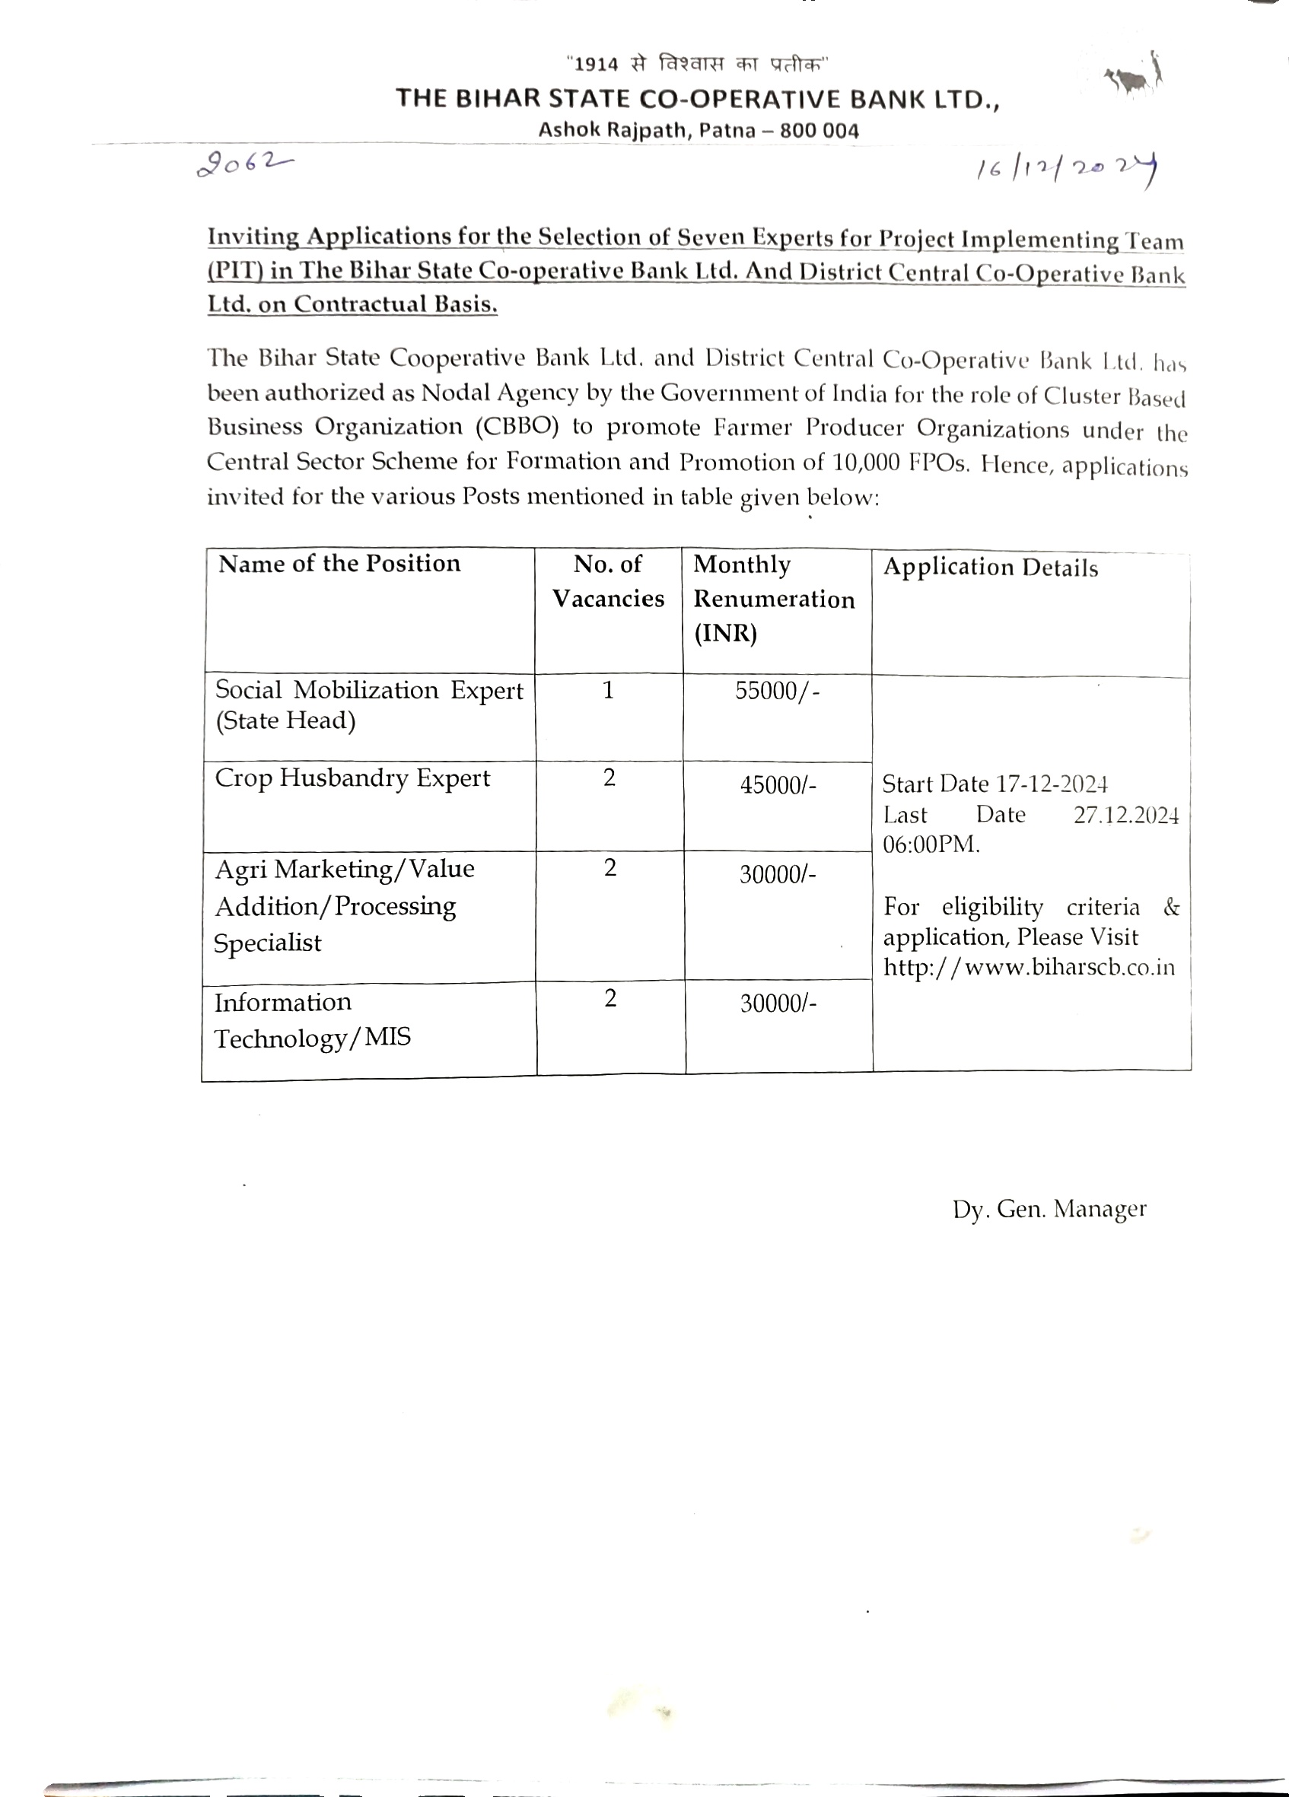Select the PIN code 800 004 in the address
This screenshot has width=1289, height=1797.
pyautogui.click(x=820, y=131)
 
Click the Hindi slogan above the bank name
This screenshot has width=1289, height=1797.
pyautogui.click(x=697, y=63)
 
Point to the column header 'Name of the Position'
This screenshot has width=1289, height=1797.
pyautogui.click(x=339, y=563)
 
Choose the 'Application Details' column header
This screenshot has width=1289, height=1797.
pyautogui.click(x=990, y=568)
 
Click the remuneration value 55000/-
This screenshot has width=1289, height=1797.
pyautogui.click(x=777, y=691)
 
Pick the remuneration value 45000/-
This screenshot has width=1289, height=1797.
pyautogui.click(x=777, y=785)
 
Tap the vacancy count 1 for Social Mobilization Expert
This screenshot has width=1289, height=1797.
pyautogui.click(x=608, y=690)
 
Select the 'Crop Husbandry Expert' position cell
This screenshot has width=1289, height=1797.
pyautogui.click(x=352, y=778)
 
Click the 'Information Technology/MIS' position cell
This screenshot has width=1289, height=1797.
pyautogui.click(x=313, y=1019)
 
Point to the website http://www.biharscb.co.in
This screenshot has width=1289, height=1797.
pyautogui.click(x=1029, y=968)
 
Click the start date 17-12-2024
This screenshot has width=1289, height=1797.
pyautogui.click(x=1052, y=784)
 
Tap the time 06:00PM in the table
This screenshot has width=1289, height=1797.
pyautogui.click(x=931, y=844)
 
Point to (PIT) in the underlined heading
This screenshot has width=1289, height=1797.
pyautogui.click(x=234, y=271)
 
